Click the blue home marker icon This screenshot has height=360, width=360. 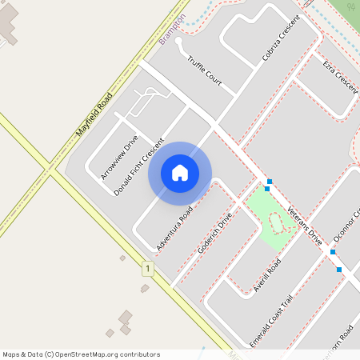[x=180, y=173]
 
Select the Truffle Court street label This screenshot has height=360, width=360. [x=204, y=70]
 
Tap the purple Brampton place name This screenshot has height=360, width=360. [x=172, y=29]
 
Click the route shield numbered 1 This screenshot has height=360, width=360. [x=147, y=269]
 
